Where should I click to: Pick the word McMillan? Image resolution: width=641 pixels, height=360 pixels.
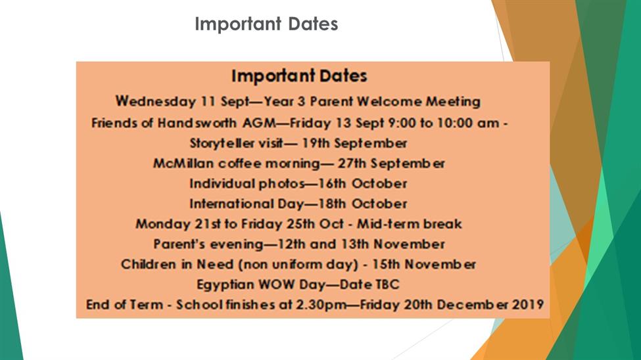183,164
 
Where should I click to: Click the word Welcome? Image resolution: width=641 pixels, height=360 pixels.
389,101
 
